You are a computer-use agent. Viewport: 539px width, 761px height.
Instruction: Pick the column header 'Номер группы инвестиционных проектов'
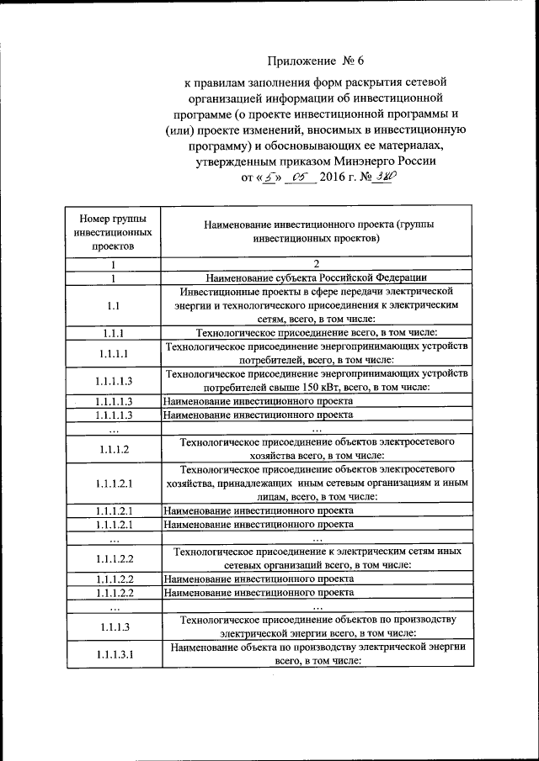(113, 230)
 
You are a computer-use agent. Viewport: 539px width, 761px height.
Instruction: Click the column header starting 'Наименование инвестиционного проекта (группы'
(316, 230)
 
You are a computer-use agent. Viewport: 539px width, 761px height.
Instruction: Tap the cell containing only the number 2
(316, 264)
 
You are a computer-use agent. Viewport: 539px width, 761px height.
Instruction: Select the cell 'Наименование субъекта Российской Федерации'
(316, 277)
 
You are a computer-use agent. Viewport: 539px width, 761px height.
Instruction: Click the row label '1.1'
(113, 305)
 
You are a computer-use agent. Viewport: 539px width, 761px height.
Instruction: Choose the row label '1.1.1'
(113, 333)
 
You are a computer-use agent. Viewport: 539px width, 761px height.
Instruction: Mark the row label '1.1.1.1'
(113, 353)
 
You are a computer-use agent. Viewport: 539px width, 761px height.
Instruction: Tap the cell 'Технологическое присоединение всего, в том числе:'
(316, 333)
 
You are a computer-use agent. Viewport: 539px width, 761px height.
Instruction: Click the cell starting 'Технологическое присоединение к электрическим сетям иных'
(316, 558)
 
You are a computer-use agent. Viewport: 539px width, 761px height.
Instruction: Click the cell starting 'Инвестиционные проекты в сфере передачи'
(316, 305)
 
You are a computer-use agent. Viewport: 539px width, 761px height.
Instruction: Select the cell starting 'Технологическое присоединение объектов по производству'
(316, 626)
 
